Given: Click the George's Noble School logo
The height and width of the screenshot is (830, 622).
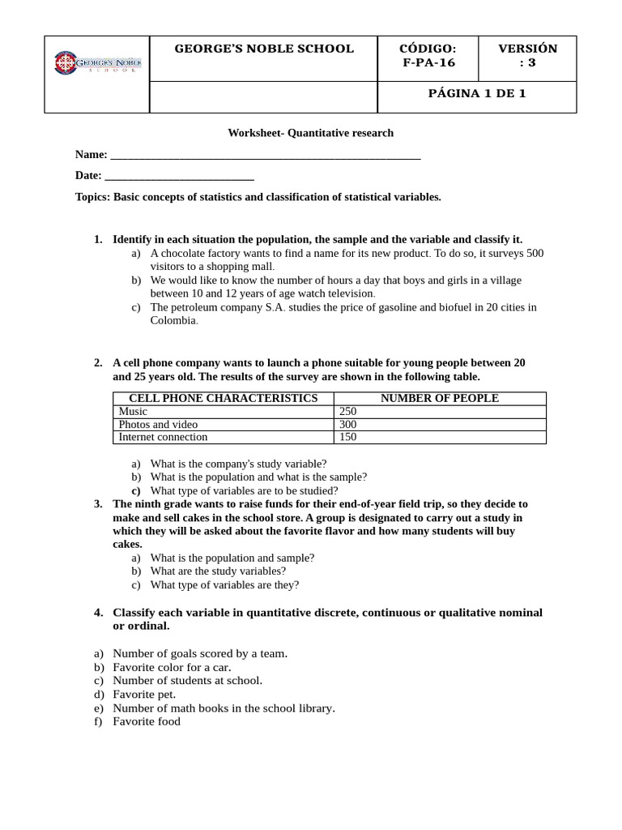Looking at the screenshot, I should (x=96, y=62).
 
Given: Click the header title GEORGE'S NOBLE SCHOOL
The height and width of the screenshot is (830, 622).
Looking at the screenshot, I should (x=264, y=49).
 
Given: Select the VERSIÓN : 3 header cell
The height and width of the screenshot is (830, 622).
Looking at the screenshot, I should (x=527, y=55).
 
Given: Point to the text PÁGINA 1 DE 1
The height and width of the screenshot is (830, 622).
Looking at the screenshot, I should (x=477, y=93).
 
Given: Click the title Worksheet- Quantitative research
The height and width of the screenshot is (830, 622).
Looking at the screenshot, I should (x=310, y=133).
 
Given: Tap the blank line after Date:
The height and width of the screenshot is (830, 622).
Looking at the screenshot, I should (x=179, y=176).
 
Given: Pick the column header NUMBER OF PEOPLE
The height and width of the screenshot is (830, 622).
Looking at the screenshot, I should (x=440, y=398).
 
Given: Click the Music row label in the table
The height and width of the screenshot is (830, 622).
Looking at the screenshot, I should (x=133, y=411).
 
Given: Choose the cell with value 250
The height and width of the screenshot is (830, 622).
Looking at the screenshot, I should (x=347, y=411).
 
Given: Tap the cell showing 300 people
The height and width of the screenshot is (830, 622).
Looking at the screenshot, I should (x=347, y=424).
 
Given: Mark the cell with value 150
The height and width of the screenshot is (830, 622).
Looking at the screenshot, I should (x=347, y=437).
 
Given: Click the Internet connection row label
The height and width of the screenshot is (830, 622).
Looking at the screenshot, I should (x=163, y=437).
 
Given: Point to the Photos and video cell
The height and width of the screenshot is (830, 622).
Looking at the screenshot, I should (x=158, y=424).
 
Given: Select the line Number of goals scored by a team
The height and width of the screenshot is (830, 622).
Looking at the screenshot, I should (x=200, y=652).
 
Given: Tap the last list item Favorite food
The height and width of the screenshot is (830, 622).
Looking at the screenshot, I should (x=147, y=721).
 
